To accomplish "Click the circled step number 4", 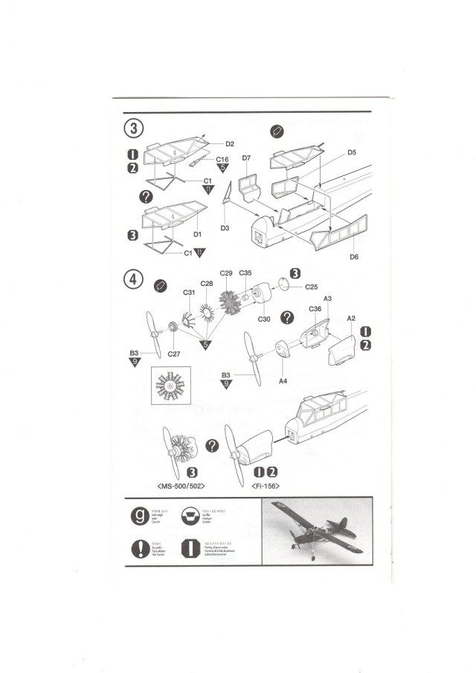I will (x=133, y=281).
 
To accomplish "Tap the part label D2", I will (x=230, y=143).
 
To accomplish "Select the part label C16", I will (x=222, y=160).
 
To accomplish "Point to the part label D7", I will (x=246, y=158).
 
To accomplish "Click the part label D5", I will (x=352, y=152).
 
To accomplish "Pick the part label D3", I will (x=224, y=227).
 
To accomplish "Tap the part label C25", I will (x=312, y=287).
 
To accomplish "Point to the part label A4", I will (x=283, y=380).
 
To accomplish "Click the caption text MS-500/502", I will (x=182, y=485).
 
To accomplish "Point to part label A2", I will (x=350, y=318).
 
